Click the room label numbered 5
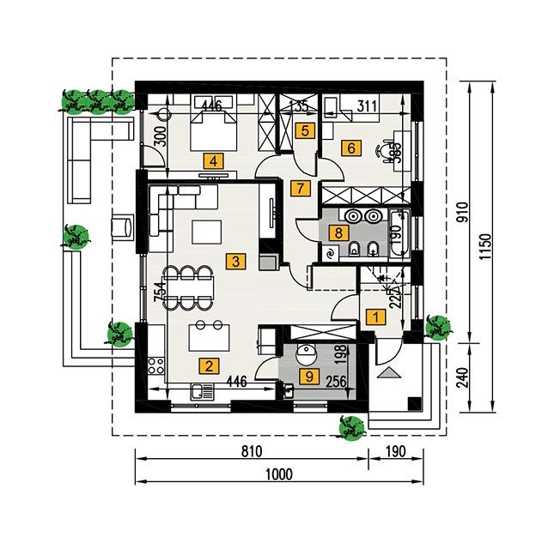(x=303, y=130)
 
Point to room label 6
(x=350, y=148)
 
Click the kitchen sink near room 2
(x=202, y=392)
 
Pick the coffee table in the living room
(x=206, y=232)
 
